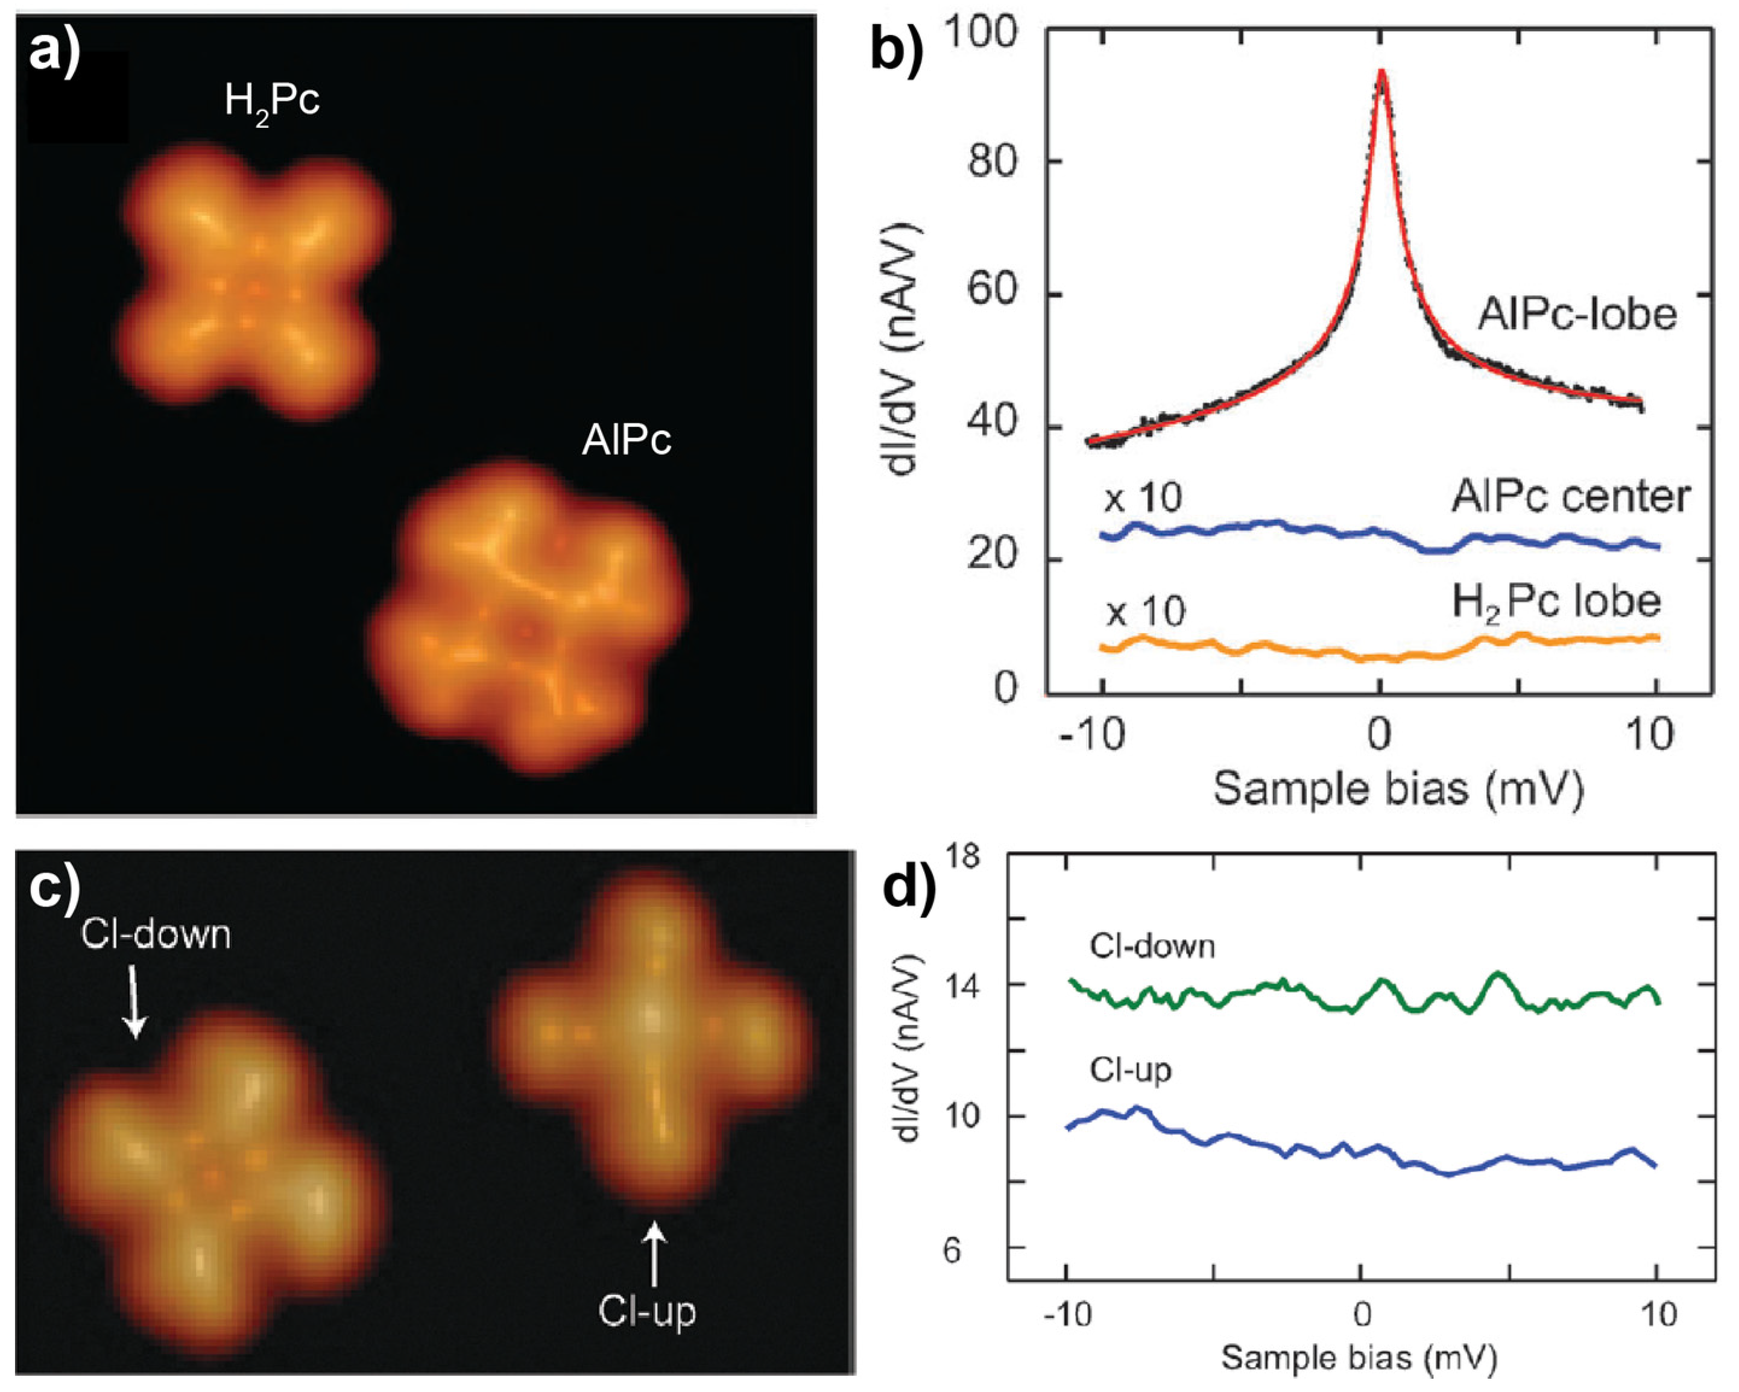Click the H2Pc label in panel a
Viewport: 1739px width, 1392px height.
(x=272, y=102)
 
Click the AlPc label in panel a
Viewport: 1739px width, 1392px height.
(x=626, y=441)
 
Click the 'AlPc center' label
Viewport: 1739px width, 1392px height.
(x=1570, y=497)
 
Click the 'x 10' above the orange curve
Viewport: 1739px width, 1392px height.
(x=1145, y=613)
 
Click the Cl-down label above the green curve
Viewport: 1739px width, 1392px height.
(x=1152, y=945)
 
